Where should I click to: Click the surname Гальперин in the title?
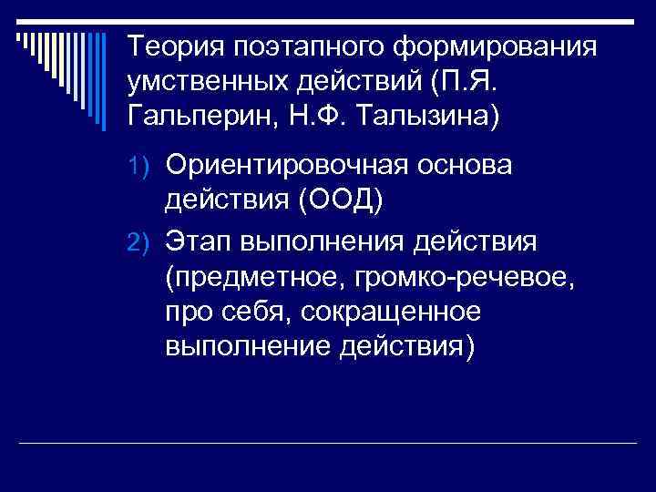204,118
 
